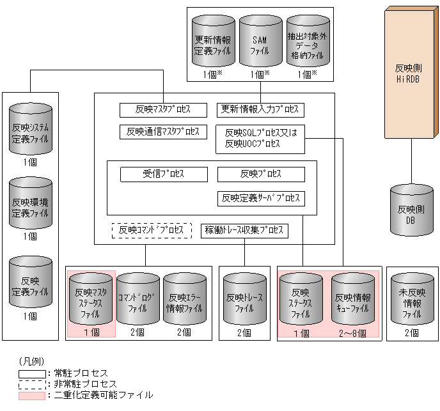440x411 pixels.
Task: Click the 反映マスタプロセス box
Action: (164, 109)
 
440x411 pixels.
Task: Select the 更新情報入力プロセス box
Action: (260, 109)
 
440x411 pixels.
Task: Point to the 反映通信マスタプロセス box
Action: (163, 132)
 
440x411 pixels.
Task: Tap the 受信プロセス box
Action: (164, 174)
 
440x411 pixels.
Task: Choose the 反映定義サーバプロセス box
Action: (261, 198)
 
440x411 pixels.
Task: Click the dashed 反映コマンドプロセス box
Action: (152, 230)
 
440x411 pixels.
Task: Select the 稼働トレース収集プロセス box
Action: (244, 230)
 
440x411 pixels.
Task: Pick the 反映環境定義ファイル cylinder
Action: (30, 206)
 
